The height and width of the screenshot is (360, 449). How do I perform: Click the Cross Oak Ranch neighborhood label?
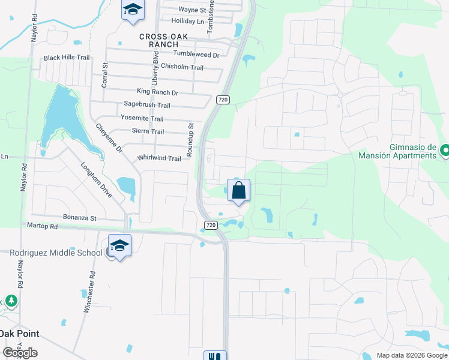click(163, 40)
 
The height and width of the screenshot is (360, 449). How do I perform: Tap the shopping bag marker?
click(238, 190)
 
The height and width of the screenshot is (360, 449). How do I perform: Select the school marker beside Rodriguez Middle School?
click(119, 246)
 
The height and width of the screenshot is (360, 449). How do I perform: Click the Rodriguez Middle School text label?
click(56, 253)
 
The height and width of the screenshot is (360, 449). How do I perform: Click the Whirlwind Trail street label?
click(159, 158)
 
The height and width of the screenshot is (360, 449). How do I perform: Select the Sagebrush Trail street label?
click(146, 105)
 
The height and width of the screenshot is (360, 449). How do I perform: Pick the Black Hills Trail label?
click(66, 58)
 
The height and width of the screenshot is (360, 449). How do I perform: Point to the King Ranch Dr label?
click(157, 92)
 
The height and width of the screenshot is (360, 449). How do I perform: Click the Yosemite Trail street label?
click(142, 118)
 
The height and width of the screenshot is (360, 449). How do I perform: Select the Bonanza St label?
click(80, 218)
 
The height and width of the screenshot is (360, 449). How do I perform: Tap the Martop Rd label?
click(42, 226)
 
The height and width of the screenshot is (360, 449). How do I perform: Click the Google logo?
click(20, 353)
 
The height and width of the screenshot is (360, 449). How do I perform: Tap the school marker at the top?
click(133, 10)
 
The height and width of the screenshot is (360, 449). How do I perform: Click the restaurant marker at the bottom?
click(215, 356)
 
